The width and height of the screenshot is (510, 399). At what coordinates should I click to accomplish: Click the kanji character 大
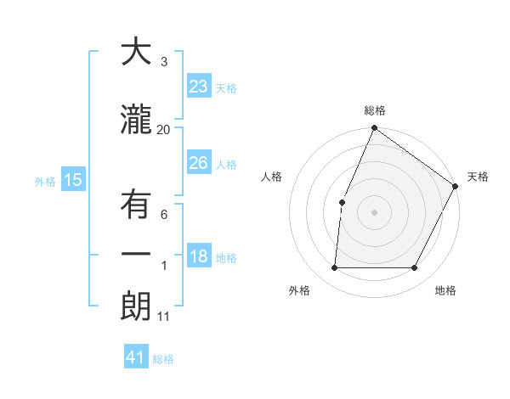point(136,52)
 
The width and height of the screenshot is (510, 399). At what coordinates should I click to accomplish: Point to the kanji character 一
point(136,255)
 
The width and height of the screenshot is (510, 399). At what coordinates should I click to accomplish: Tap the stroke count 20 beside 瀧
point(164,129)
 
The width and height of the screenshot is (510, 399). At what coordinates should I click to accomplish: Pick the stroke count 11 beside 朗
point(164,317)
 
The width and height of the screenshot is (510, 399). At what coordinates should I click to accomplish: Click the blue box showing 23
point(199,86)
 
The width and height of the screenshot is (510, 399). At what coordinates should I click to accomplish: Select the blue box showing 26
point(199,162)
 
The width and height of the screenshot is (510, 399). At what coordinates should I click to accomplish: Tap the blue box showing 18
point(199,256)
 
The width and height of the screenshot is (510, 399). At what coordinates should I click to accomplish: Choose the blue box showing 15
point(72,179)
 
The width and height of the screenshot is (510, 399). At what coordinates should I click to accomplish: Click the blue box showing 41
point(136,357)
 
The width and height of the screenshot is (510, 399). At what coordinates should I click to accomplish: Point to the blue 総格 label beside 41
point(163,359)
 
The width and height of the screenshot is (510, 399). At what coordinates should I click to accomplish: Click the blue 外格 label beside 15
point(45,181)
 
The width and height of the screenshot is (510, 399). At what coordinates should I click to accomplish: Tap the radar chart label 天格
point(478,177)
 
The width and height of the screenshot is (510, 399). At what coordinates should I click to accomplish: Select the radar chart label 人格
point(271,177)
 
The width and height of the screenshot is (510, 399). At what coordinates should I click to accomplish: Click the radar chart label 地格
point(445,290)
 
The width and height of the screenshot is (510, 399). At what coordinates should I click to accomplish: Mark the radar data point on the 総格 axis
point(374,129)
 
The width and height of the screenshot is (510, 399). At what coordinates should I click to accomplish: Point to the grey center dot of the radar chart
point(374,211)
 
